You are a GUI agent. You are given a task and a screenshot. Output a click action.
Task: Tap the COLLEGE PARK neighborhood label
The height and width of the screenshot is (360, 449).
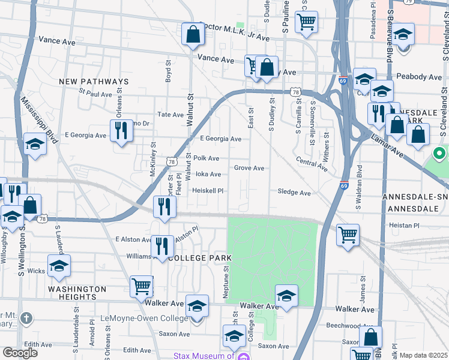(x=200, y=257)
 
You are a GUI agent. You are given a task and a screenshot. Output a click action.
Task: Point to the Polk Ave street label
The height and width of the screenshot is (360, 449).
(x=206, y=158)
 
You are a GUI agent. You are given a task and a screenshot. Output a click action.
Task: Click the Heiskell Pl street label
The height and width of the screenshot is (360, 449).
(x=208, y=191)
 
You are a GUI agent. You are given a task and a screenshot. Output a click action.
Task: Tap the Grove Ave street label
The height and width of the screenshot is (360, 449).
(x=249, y=168)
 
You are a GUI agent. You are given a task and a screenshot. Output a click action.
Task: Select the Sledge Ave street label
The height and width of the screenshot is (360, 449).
(x=294, y=193)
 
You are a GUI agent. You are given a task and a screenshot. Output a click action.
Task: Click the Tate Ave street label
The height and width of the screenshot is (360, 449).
(x=170, y=115)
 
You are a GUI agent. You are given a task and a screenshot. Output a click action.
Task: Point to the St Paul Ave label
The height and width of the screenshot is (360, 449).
(x=95, y=94)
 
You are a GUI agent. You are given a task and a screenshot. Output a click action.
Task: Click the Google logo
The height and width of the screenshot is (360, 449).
(x=20, y=352)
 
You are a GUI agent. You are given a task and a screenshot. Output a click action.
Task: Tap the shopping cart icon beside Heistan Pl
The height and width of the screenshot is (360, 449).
(x=348, y=235)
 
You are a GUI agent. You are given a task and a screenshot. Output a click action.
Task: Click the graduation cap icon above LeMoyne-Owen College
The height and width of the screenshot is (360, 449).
(x=197, y=306)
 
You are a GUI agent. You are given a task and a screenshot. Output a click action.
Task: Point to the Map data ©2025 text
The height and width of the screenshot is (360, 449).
(x=423, y=355)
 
